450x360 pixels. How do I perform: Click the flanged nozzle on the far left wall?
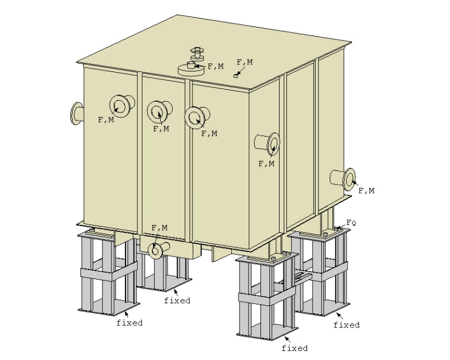pyautogui.click(x=77, y=112)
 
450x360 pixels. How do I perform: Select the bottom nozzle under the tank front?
pyautogui.click(x=156, y=249)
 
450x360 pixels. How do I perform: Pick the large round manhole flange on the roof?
pyautogui.click(x=191, y=69)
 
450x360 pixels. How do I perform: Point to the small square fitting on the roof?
pyautogui.click(x=237, y=75)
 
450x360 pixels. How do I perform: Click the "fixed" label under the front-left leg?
pyautogui.click(x=129, y=323)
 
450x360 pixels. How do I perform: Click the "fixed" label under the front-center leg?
pyautogui.click(x=295, y=348)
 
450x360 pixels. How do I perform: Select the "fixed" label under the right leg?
pyautogui.click(x=346, y=325)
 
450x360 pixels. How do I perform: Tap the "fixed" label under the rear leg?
pyautogui.click(x=177, y=300)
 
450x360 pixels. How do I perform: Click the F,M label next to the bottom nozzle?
pyautogui.click(x=160, y=228)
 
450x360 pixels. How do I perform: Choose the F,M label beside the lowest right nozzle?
pyautogui.click(x=366, y=191)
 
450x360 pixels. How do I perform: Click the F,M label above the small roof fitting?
pyautogui.click(x=245, y=62)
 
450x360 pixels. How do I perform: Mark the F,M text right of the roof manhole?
pyautogui.click(x=215, y=66)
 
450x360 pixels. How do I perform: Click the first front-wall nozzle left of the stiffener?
pyautogui.click(x=121, y=105)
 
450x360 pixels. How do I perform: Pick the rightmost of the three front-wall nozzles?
pyautogui.click(x=196, y=116)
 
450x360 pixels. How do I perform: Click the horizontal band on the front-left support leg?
pyautogui.click(x=108, y=274)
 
